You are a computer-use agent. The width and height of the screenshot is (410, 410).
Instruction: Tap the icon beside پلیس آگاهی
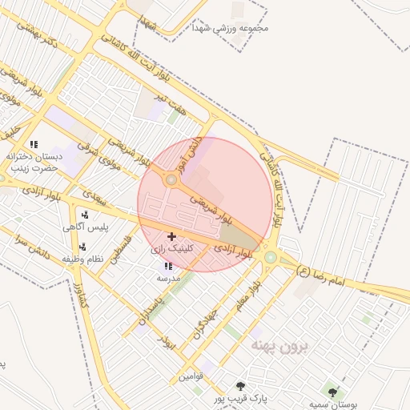[84, 215]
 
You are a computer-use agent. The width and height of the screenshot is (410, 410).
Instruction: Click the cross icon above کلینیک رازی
[171, 236]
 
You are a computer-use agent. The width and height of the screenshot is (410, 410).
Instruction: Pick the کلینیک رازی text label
[172, 250]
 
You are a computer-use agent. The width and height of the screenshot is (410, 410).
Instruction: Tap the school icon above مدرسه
[168, 266]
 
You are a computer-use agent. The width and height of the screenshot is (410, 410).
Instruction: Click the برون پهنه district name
[284, 345]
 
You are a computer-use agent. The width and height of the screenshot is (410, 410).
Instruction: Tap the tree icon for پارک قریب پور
[241, 386]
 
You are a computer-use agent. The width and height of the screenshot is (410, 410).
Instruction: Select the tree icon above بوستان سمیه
[332, 392]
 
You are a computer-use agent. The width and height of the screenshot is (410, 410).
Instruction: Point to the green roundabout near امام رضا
[271, 257]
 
